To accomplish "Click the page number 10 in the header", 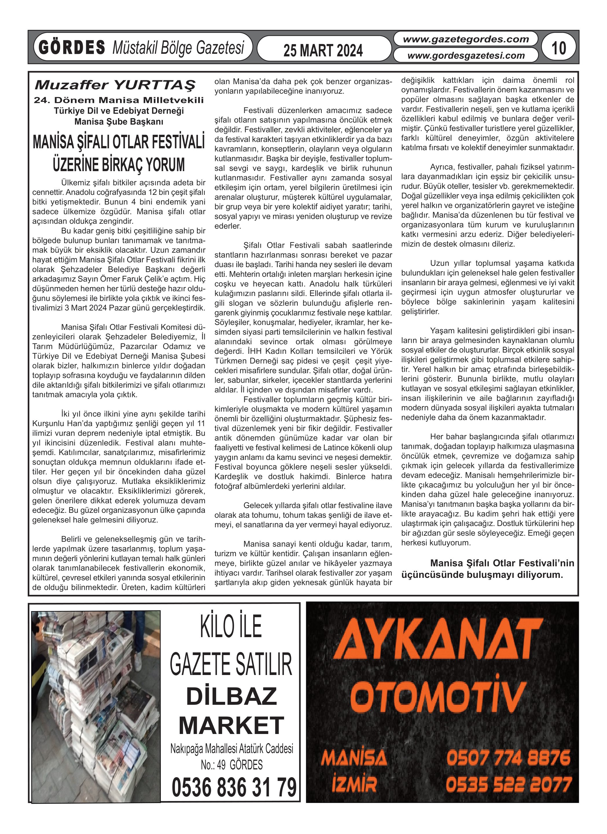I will click(x=559, y=48).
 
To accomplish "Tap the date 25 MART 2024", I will click(x=323, y=50).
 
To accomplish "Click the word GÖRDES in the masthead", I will click(x=72, y=48).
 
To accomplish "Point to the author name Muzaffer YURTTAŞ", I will click(x=115, y=85).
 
